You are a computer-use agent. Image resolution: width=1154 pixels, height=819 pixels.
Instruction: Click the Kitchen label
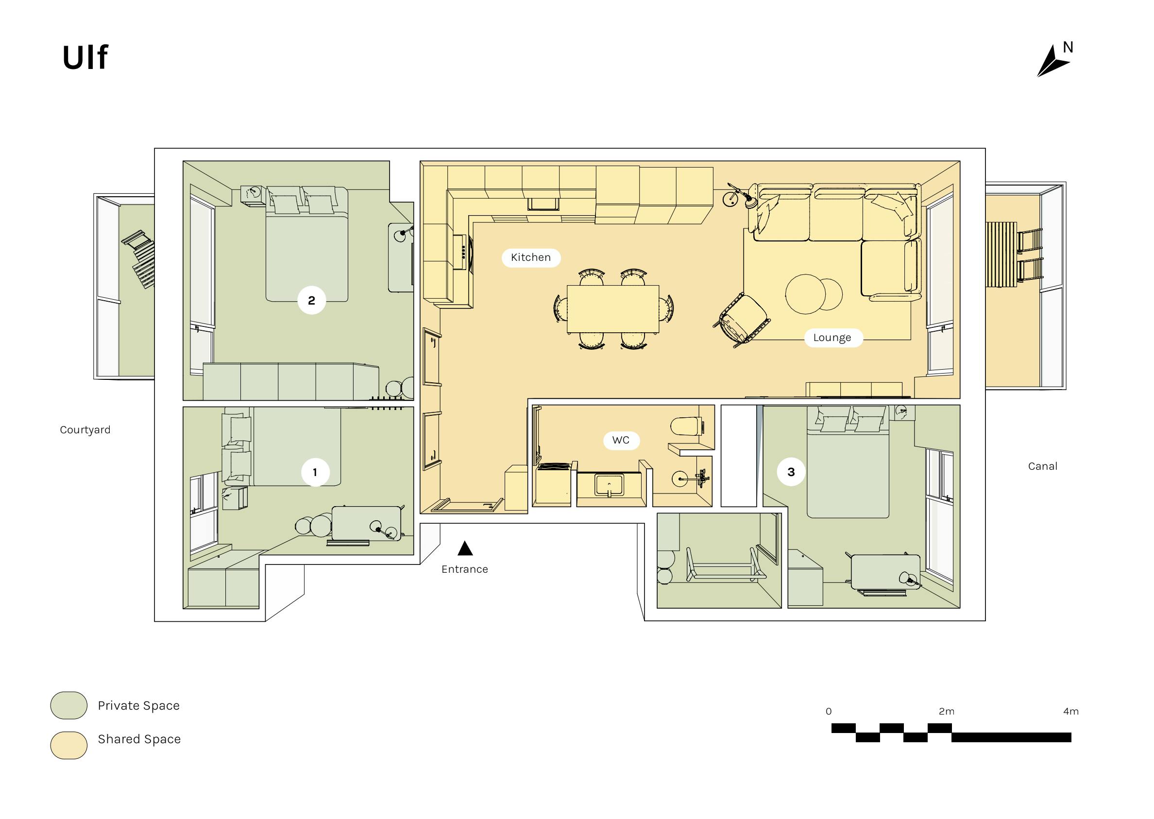click(531, 257)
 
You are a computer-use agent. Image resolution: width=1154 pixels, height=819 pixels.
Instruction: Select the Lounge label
click(832, 338)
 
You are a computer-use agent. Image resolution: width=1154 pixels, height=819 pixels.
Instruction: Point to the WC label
click(621, 440)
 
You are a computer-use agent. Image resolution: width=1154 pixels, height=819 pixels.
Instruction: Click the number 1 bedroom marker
click(315, 472)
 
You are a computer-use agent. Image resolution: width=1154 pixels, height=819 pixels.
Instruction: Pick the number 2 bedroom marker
click(311, 301)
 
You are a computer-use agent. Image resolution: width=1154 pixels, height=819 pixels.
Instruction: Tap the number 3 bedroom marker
click(791, 472)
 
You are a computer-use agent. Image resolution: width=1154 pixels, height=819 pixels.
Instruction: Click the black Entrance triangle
click(465, 548)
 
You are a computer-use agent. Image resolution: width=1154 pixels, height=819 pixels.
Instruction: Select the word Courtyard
click(85, 430)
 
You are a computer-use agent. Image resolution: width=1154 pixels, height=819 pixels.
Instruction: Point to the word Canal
click(1043, 466)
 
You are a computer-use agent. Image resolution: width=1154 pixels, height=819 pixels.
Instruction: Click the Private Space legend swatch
click(69, 705)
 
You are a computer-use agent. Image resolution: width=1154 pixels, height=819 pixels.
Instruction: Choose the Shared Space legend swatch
click(69, 745)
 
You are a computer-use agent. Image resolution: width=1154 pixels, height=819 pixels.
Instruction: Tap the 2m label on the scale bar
click(946, 711)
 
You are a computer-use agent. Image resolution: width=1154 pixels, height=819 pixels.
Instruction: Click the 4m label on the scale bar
click(1071, 711)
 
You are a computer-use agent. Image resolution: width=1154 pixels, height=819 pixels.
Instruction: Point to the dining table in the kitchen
click(613, 309)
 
